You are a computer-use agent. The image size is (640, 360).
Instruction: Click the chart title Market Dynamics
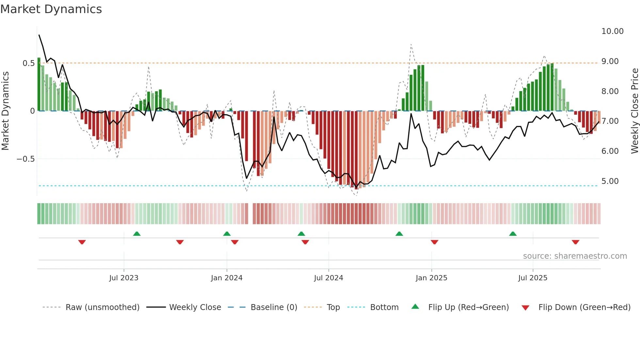click(51, 9)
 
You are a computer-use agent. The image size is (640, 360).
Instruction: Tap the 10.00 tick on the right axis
click(612, 31)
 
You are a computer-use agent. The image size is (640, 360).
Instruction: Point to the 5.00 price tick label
click(610, 181)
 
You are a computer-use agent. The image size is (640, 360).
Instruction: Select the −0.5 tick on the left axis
click(25, 159)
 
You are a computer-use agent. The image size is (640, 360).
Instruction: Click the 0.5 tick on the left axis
click(28, 63)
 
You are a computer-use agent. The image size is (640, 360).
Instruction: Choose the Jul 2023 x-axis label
click(124, 278)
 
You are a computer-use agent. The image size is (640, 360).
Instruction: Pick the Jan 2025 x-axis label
click(431, 278)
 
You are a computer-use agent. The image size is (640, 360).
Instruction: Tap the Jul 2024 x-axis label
click(328, 278)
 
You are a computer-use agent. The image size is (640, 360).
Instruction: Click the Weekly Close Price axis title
click(634, 111)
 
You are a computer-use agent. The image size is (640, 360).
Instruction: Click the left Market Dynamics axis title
click(5, 111)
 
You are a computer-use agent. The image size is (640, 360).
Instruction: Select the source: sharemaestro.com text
click(575, 256)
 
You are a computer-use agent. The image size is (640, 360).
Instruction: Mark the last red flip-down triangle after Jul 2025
click(575, 242)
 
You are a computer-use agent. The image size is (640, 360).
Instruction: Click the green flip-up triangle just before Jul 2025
click(513, 234)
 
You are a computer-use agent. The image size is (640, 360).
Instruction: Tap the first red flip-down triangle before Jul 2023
click(82, 242)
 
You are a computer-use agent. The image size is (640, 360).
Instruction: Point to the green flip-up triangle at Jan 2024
click(227, 234)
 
